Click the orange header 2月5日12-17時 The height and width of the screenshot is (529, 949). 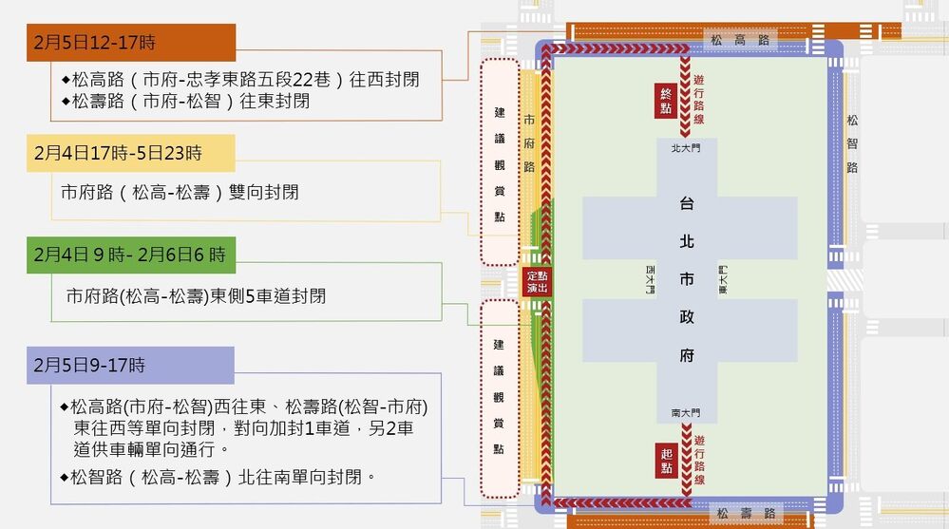pyautogui.click(x=130, y=43)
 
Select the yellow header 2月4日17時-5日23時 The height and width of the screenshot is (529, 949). pyautogui.click(x=130, y=152)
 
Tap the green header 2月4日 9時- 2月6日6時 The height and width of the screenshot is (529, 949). pyautogui.click(x=130, y=255)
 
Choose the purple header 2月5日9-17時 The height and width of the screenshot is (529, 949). pyautogui.click(x=130, y=365)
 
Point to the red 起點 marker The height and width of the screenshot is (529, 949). pyautogui.click(x=667, y=461)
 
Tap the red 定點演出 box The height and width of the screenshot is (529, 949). pyautogui.click(x=537, y=281)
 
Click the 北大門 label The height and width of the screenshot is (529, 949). pyautogui.click(x=684, y=148)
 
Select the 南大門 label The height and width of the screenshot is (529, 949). pyautogui.click(x=684, y=414)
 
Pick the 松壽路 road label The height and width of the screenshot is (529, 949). pyautogui.click(x=745, y=514)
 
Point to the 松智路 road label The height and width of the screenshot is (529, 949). pyautogui.click(x=852, y=143)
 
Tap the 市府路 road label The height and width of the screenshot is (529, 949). pyautogui.click(x=529, y=142)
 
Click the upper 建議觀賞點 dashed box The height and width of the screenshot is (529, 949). pyautogui.click(x=500, y=162)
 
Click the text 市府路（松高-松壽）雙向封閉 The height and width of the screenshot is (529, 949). pyautogui.click(x=180, y=192)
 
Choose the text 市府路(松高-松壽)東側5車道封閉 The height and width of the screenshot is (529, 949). pyautogui.click(x=197, y=296)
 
